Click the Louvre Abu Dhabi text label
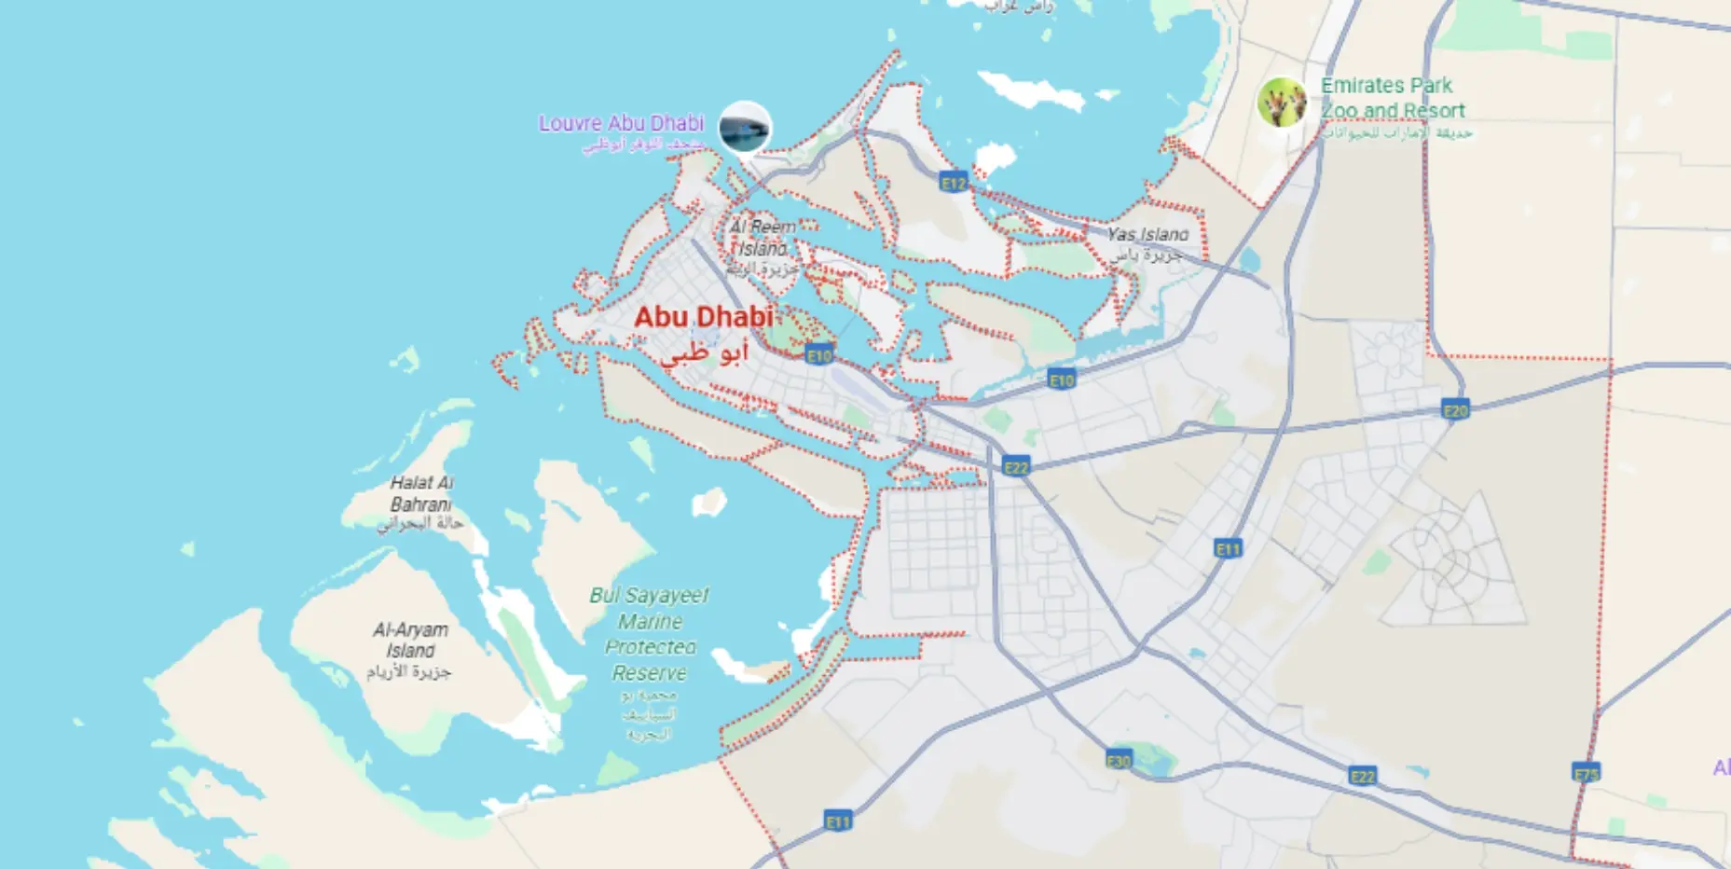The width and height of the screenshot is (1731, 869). [621, 123]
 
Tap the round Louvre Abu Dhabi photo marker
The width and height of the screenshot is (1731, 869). [745, 127]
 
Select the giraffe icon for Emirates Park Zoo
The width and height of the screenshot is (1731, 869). [1283, 102]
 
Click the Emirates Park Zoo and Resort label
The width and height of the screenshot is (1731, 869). [1392, 98]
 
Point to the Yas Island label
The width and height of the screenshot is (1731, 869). [1147, 235]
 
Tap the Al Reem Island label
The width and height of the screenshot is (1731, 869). [762, 239]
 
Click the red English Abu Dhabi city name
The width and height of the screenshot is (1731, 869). [704, 317]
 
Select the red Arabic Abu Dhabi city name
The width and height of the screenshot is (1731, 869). [705, 353]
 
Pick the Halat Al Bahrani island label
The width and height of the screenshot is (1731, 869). [421, 494]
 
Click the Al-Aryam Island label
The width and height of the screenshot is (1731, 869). [410, 641]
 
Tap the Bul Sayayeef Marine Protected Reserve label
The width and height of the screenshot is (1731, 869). [649, 634]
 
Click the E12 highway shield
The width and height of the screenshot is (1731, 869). [954, 183]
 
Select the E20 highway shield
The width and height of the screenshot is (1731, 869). [1455, 410]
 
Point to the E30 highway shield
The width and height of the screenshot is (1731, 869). [1119, 761]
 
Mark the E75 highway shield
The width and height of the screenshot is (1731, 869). [1586, 773]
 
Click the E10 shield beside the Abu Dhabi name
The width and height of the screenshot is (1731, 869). [818, 355]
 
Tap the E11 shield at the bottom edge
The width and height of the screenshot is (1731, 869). [838, 821]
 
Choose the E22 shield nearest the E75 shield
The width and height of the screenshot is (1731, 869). [1362, 776]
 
